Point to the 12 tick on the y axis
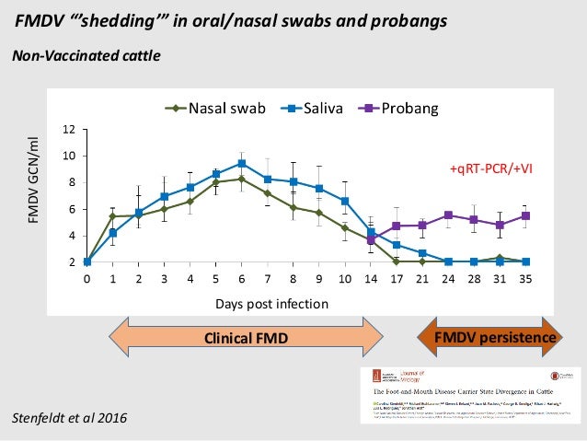click(x=68, y=129)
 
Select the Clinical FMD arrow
click(x=247, y=339)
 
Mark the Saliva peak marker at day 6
click(x=241, y=164)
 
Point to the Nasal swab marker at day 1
click(x=112, y=216)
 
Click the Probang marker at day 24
click(x=448, y=215)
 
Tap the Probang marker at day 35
click(x=524, y=215)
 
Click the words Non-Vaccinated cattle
click(x=86, y=56)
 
